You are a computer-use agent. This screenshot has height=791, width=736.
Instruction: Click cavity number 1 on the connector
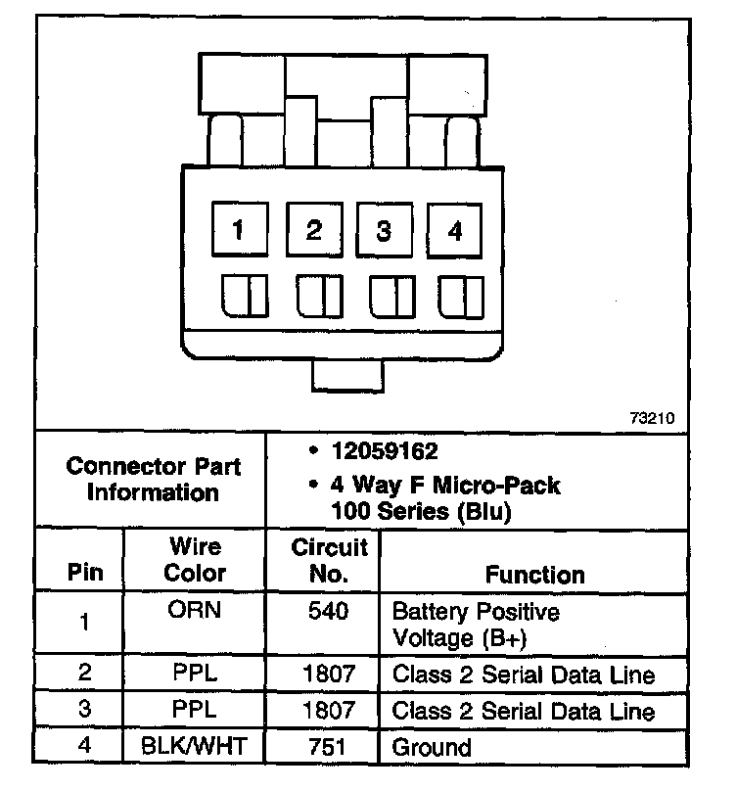click(x=238, y=230)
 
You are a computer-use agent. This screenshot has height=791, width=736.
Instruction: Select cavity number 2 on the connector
click(x=313, y=230)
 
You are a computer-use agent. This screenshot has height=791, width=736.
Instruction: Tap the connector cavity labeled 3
click(x=384, y=231)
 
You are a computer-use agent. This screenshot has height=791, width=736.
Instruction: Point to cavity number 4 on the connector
click(x=454, y=231)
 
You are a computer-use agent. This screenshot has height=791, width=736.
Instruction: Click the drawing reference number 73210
click(x=651, y=417)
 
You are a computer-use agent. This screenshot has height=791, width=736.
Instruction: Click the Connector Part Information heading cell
click(x=153, y=479)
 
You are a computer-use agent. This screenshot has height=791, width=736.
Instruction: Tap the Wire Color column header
click(x=194, y=560)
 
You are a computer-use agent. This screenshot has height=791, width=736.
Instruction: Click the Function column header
click(x=534, y=574)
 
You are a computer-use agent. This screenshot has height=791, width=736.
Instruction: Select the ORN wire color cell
click(x=194, y=611)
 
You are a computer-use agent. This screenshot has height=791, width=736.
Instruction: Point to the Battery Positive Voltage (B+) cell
click(x=476, y=624)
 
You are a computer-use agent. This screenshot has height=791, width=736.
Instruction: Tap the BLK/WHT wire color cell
click(x=194, y=747)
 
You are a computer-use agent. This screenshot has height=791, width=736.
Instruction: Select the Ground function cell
click(x=432, y=748)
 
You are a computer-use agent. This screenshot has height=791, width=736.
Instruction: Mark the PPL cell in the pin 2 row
click(x=194, y=675)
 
